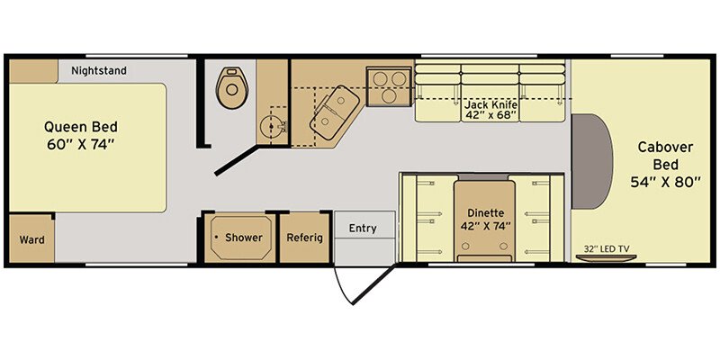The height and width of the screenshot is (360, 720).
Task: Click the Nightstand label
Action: pyautogui.click(x=99, y=71)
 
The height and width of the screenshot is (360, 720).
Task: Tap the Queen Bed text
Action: pyautogui.click(x=81, y=126)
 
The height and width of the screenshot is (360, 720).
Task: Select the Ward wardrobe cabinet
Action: pyautogui.click(x=31, y=238)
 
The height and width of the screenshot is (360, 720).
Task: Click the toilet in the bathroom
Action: pyautogui.click(x=232, y=87)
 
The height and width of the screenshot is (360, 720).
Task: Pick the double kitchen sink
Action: pyautogui.click(x=333, y=112)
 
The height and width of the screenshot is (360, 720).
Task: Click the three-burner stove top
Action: pyautogui.click(x=389, y=86)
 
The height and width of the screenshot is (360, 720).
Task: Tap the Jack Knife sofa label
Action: pyautogui.click(x=490, y=104)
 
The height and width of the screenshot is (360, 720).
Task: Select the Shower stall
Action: pyautogui.click(x=239, y=238)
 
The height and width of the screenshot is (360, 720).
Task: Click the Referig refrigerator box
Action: pyautogui.click(x=305, y=238)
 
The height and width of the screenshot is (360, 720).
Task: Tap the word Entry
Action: pyautogui.click(x=363, y=229)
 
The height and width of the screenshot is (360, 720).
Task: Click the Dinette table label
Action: pyautogui.click(x=486, y=213)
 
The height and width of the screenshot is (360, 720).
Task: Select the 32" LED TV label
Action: pyautogui.click(x=607, y=249)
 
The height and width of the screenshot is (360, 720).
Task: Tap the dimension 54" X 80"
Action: pyautogui.click(x=665, y=183)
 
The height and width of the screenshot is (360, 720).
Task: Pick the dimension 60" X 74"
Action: pyautogui.click(x=80, y=145)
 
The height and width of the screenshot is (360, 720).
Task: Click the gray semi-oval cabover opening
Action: pyautogui.click(x=591, y=161)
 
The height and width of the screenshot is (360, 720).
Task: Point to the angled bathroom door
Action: pyautogui.click(x=235, y=161)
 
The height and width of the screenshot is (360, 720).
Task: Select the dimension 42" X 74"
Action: pyautogui.click(x=486, y=227)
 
